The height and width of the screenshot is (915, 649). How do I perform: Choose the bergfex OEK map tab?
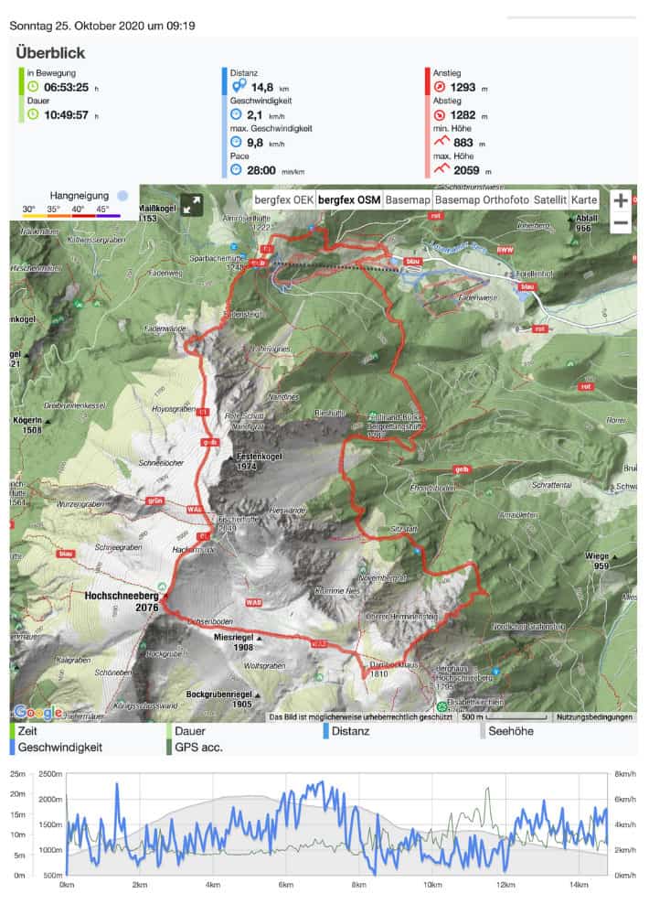(283, 199)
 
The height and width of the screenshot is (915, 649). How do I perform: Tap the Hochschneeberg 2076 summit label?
(122, 600)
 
